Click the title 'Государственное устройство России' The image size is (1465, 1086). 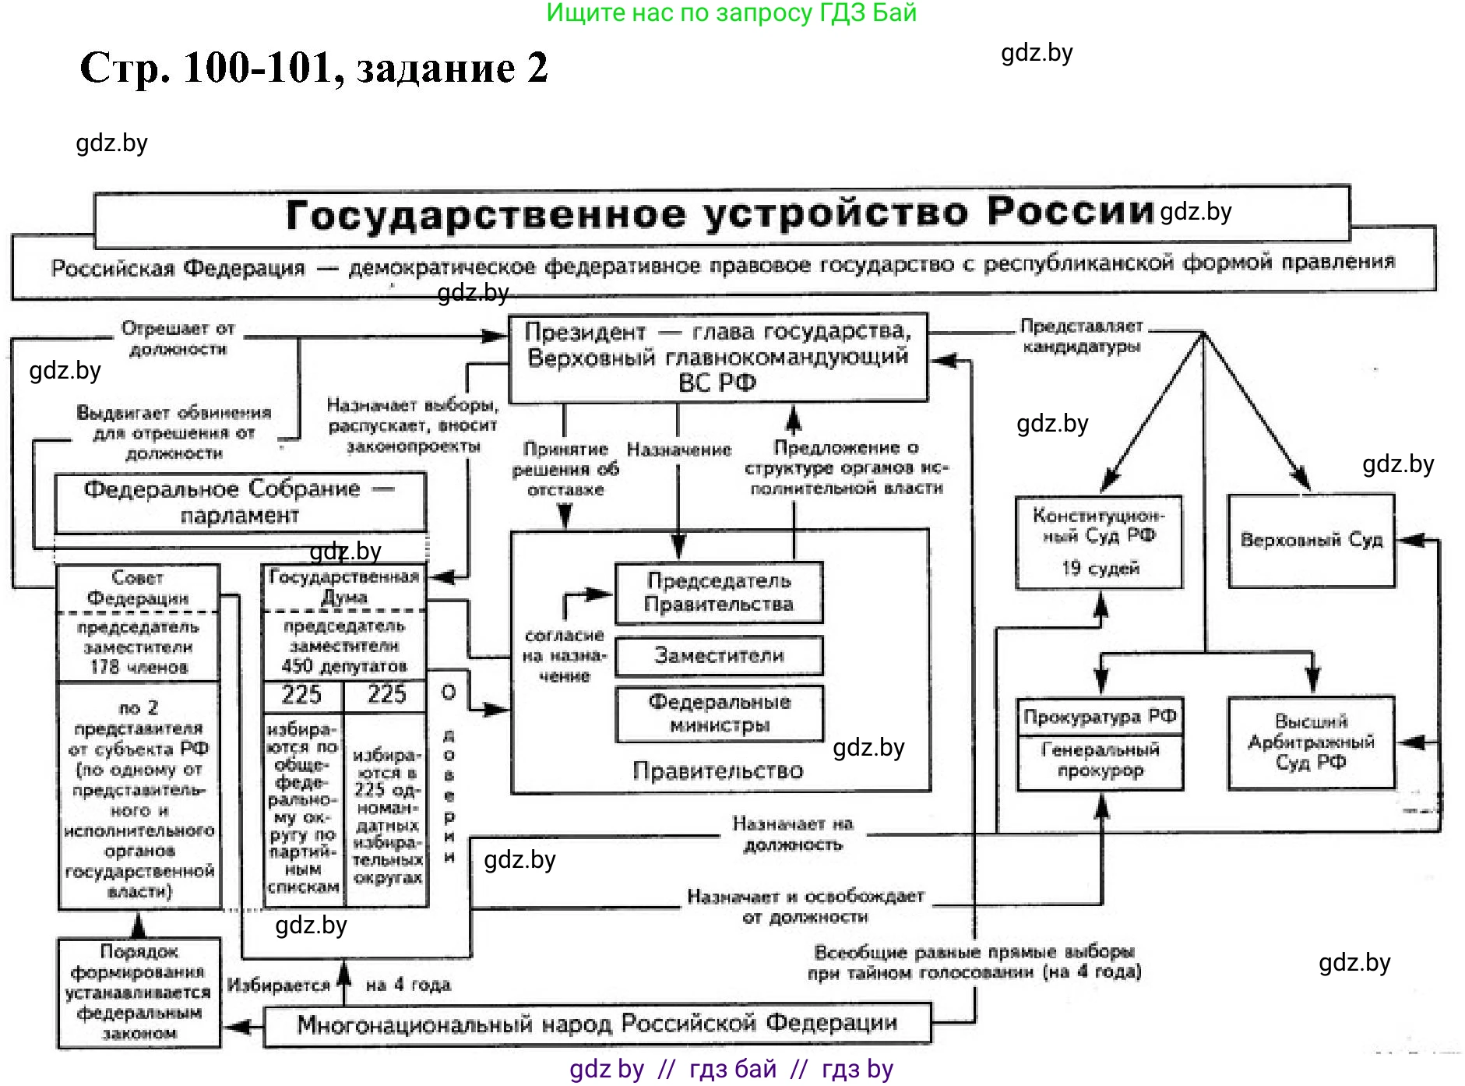[720, 213]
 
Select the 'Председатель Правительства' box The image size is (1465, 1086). [718, 593]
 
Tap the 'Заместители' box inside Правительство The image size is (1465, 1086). [718, 656]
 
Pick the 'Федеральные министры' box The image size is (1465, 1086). [718, 714]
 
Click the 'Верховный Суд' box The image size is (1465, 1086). [1311, 540]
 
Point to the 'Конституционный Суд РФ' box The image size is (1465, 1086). [1098, 541]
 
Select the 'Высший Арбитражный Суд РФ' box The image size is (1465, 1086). [1311, 742]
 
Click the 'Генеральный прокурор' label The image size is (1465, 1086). [1100, 760]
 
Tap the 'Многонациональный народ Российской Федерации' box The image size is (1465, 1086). [597, 1024]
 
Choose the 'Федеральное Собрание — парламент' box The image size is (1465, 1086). [239, 502]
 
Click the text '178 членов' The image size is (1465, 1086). [139, 668]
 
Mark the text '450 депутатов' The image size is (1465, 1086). [344, 666]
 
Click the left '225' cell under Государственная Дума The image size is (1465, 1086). [301, 694]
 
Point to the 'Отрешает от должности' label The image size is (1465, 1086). [178, 338]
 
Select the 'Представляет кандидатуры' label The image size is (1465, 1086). [1081, 336]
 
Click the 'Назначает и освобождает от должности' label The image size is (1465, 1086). [805, 907]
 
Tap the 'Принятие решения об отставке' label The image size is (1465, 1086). [565, 469]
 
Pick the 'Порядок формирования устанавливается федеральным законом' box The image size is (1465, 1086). [139, 993]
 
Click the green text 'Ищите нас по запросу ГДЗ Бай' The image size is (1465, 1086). [731, 12]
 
